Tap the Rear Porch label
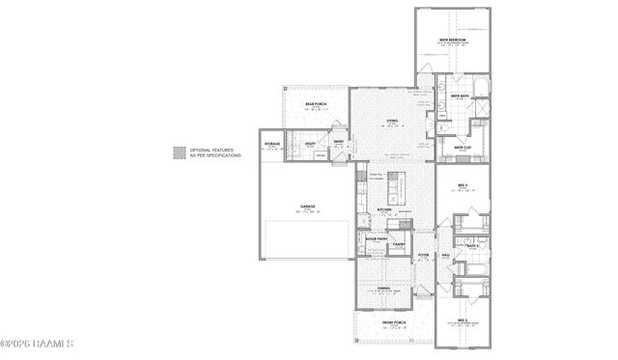316,103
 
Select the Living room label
392,121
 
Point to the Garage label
307,207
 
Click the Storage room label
271,144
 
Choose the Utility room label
311,143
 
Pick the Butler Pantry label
376,237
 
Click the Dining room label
384,289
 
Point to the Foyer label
423,256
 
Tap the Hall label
446,255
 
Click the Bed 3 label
463,184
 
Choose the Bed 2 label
463,319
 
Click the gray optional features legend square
179,152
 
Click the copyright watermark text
37,344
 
